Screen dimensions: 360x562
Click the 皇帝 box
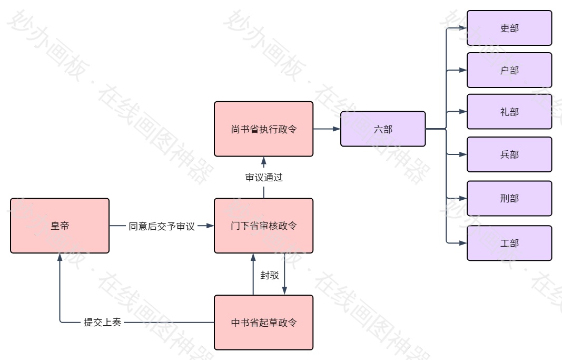60,226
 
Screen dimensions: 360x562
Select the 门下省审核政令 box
263,226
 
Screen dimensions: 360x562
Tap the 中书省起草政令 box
263,322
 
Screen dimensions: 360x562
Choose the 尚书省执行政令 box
263,129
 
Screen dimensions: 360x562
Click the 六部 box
383,129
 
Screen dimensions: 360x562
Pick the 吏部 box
509,28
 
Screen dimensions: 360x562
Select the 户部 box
509,70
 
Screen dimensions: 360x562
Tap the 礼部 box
509,112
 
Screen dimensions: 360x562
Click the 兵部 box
509,154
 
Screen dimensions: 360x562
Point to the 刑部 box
509,198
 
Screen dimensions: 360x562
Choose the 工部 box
509,243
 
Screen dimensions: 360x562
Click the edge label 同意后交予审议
162,226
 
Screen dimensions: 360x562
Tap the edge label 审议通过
264,177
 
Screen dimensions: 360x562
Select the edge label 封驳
270,275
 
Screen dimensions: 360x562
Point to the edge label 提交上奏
102,322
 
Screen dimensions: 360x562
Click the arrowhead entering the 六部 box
337,129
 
